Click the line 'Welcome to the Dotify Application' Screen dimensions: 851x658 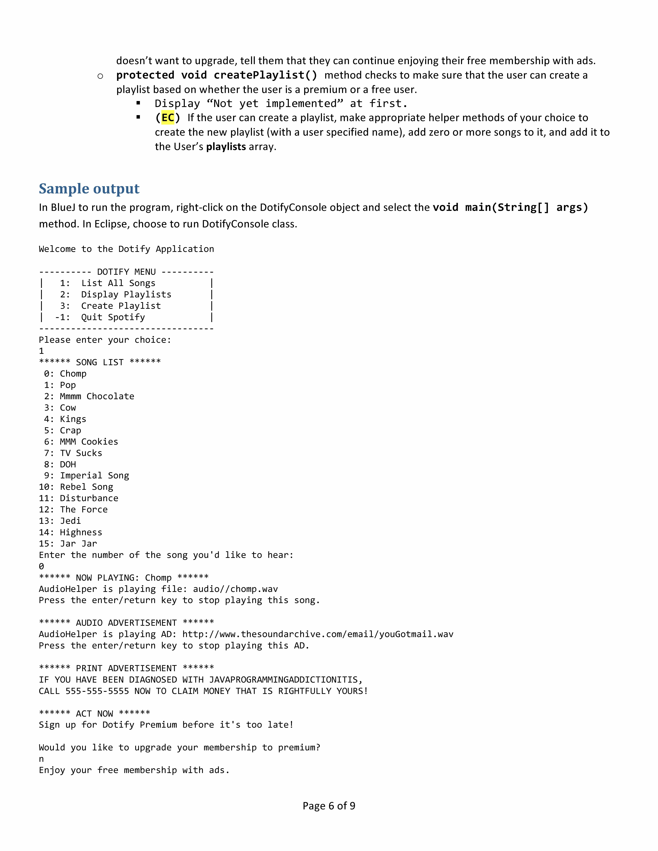[x=126, y=249]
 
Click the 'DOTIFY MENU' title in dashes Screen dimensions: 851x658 [x=126, y=272]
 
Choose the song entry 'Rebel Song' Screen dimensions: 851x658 [x=87, y=487]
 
